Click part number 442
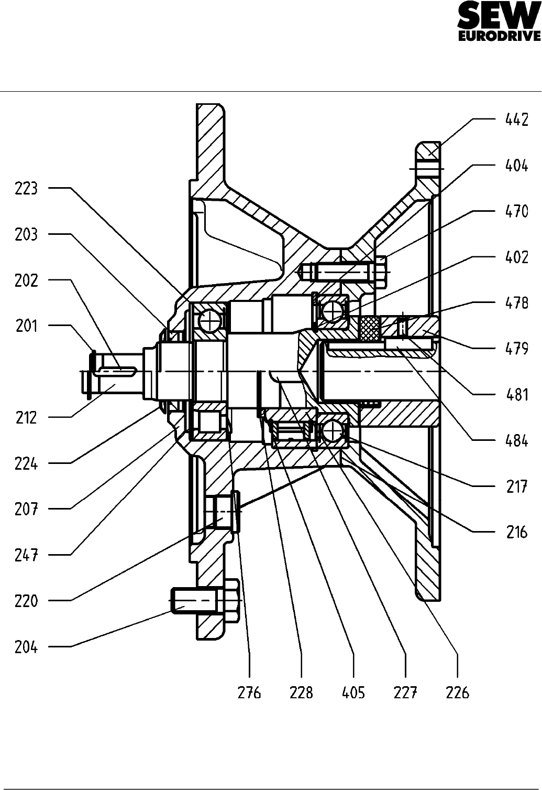[517, 120]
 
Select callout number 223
[26, 188]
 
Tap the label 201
[26, 326]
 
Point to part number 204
[26, 647]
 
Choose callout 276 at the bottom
[249, 692]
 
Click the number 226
[457, 692]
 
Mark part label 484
[517, 441]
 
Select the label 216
[517, 532]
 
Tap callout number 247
[26, 555]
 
